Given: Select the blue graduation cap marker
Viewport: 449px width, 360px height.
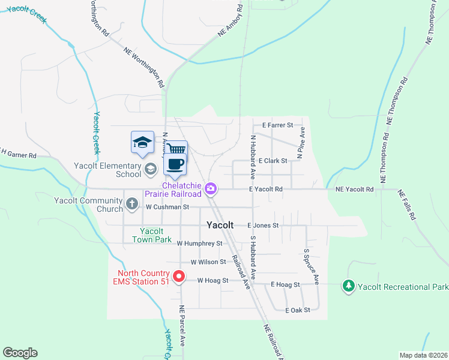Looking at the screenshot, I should click(142, 142).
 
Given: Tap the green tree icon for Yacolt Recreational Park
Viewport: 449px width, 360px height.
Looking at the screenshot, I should click(348, 286).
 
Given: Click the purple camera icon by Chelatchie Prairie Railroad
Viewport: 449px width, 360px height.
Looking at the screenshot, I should click(211, 189).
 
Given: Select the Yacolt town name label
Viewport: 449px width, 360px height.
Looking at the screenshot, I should click(220, 226).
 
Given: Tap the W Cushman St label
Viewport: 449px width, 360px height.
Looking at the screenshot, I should click(167, 207).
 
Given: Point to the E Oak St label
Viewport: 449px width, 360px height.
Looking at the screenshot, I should click(298, 310).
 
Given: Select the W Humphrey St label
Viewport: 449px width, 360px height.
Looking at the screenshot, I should click(199, 244).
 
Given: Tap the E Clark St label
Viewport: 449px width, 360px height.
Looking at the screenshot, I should click(273, 161).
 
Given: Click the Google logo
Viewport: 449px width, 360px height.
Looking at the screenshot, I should click(20, 353).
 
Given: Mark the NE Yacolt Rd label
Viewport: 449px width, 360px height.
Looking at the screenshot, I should click(355, 190).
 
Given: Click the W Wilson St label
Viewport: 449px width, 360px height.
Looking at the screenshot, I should click(208, 262).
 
